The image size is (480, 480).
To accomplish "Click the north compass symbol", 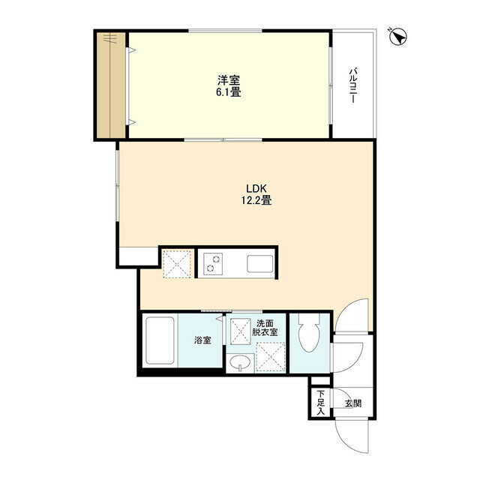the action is tap(398, 37).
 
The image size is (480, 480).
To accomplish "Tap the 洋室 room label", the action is tap(229, 80).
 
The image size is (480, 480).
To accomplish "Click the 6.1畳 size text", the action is tap(228, 91).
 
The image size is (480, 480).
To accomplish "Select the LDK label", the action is tap(256, 188).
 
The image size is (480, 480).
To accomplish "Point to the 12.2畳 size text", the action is tap(256, 200).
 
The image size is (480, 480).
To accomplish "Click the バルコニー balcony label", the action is tap(352, 85).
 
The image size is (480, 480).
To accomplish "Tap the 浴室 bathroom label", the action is tap(202, 340).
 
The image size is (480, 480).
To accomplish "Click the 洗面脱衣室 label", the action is tap(265, 328).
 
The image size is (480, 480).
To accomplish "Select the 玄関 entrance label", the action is tap(353, 403).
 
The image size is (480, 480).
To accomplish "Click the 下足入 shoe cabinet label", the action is tap(320, 403).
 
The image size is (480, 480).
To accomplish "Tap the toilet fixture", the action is tap(309, 333).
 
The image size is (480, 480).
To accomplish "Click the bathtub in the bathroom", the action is tap(160, 340).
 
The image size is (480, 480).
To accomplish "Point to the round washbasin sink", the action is tap(240, 362).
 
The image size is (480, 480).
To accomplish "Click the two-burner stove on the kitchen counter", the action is tap(213, 263).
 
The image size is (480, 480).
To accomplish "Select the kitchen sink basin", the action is tap(260, 264).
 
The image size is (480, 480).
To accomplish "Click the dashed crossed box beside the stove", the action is tap(178, 263).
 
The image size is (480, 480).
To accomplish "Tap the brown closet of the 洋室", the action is tap(111, 85).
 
